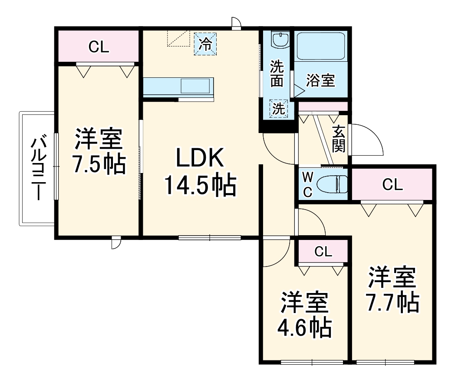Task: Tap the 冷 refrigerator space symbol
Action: point(205,44)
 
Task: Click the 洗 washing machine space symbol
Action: point(278,108)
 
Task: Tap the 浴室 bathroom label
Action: point(320,80)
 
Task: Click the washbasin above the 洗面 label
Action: point(278,40)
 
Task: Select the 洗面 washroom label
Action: point(277,73)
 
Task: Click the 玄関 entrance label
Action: point(339,139)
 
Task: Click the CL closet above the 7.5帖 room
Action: point(99,47)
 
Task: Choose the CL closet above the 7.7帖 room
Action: point(392,185)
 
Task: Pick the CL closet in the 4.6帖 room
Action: point(323,251)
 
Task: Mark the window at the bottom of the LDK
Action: point(210,237)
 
